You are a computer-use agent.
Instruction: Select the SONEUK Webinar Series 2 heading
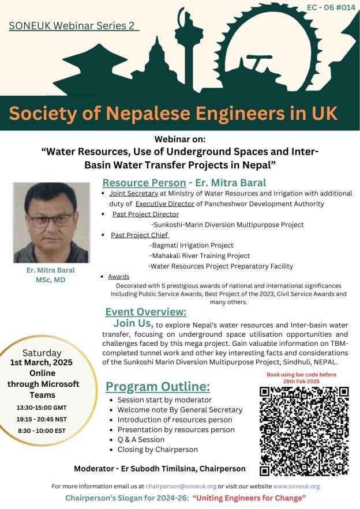click(x=74, y=27)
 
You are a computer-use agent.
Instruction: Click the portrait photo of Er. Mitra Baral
click(x=51, y=223)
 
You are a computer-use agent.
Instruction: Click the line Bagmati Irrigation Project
click(x=191, y=246)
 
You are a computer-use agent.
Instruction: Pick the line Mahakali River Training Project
click(x=199, y=255)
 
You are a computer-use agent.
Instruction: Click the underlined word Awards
click(x=119, y=277)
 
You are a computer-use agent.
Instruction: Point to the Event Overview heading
click(x=145, y=312)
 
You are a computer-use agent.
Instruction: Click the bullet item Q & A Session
click(x=140, y=439)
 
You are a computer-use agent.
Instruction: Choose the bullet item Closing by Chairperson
click(x=157, y=450)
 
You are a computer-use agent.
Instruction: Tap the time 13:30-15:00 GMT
click(x=47, y=407)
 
